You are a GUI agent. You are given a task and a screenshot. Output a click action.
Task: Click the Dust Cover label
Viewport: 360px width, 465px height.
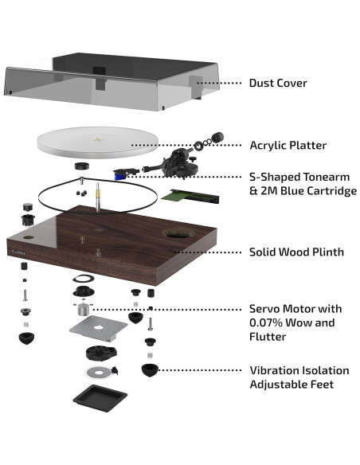[x=278, y=83]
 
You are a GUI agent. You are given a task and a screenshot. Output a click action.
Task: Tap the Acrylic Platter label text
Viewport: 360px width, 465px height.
[x=288, y=145]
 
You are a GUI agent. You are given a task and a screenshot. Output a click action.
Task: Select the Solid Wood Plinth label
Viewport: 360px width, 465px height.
[x=296, y=252]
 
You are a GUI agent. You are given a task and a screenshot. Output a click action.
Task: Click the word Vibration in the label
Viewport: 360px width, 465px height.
[x=274, y=370]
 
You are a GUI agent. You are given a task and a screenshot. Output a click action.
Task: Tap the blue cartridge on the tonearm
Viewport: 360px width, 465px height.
[x=119, y=174]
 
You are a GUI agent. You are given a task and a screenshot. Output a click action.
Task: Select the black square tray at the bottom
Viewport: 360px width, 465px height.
[x=100, y=398]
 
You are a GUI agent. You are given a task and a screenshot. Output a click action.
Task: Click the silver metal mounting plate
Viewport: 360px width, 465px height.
[x=99, y=329]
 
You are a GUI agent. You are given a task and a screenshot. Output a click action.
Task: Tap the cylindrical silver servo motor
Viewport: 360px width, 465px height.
[x=83, y=309]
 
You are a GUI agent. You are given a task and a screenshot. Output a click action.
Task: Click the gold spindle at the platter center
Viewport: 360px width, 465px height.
[x=97, y=139]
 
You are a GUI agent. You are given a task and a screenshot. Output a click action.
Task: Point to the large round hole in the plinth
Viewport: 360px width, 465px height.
[x=178, y=233]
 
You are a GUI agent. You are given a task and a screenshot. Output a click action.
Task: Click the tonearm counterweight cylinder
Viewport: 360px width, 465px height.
[x=217, y=137]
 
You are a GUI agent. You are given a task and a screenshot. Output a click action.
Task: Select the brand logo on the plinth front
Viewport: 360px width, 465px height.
[x=18, y=253]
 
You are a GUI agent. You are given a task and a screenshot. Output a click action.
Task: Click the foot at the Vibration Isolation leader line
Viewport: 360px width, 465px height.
[x=150, y=370]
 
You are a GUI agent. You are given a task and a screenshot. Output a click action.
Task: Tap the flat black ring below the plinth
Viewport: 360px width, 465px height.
[x=84, y=279]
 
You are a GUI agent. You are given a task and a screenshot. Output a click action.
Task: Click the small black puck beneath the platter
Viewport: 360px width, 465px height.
[x=82, y=166]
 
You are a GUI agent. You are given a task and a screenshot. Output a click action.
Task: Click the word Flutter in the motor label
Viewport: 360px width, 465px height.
[x=268, y=337]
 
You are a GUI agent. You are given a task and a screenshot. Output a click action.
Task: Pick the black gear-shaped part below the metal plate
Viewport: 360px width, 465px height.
[x=101, y=353]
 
